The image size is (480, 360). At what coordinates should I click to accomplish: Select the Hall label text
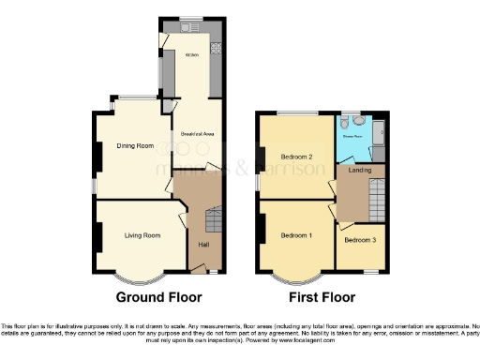point(202,245)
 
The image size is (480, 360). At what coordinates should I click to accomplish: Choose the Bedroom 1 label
point(296,233)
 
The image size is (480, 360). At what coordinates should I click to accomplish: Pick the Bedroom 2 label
point(296,156)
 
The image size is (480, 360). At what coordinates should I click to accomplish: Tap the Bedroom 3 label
point(360,240)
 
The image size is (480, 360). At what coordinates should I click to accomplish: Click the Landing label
point(358,171)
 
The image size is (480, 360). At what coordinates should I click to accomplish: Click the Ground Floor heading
point(158,298)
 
